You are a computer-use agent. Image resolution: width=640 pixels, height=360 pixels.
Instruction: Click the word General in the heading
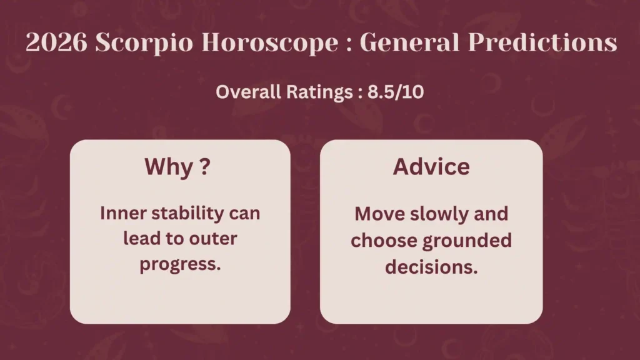[x=409, y=42]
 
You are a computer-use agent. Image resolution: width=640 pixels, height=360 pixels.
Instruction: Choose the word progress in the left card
[x=179, y=264]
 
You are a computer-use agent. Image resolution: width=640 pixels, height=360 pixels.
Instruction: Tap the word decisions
[x=431, y=267]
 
